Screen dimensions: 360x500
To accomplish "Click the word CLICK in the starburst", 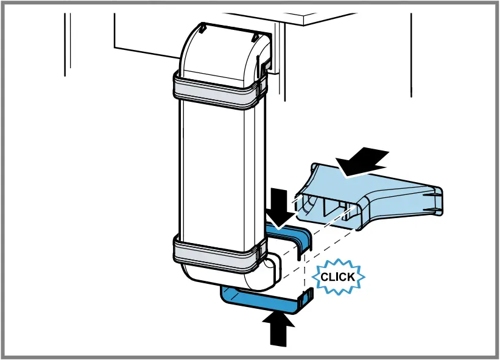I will coord(338,277).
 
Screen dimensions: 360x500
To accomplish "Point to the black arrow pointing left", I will coord(363,161).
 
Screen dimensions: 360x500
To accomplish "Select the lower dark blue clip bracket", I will coord(262,300).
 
